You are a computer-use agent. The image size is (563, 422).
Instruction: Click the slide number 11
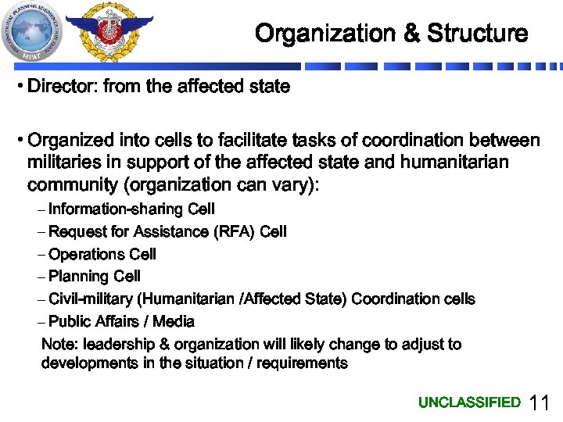tap(540, 403)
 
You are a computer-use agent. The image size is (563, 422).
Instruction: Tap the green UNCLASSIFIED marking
tap(469, 402)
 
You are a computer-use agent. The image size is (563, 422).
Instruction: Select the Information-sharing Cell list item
tap(131, 209)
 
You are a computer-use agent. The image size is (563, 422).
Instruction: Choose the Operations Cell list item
tap(102, 254)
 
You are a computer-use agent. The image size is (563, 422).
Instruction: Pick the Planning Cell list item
tap(95, 276)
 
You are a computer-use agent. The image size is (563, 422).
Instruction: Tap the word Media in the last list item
tap(174, 321)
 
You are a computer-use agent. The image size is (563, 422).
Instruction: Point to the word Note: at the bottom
tap(59, 344)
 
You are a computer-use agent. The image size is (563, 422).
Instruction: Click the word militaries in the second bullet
tap(63, 163)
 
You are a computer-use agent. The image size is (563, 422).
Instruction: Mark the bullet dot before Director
tap(19, 86)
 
